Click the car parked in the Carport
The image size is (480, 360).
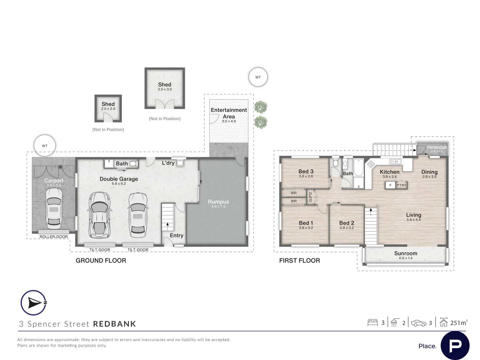click(54, 209)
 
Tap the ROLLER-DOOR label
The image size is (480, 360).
click(54, 237)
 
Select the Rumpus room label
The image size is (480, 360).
click(218, 202)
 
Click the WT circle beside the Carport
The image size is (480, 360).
click(45, 146)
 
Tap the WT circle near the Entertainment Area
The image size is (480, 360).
click(258, 77)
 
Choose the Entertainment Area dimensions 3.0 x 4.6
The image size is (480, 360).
click(229, 121)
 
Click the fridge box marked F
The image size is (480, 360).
click(390, 185)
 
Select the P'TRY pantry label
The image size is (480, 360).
click(401, 185)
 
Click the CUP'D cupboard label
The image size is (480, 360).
click(310, 197)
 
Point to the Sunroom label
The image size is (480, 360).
click(406, 253)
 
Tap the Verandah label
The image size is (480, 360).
click(436, 147)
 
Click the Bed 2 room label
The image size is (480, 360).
click(347, 223)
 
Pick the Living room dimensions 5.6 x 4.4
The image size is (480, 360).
click(414, 220)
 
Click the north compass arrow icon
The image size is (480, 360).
click(34, 303)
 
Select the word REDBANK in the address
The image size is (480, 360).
click(115, 324)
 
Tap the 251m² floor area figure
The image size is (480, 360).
click(459, 323)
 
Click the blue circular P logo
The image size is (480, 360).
click(455, 346)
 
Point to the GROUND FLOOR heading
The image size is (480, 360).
click(101, 261)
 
